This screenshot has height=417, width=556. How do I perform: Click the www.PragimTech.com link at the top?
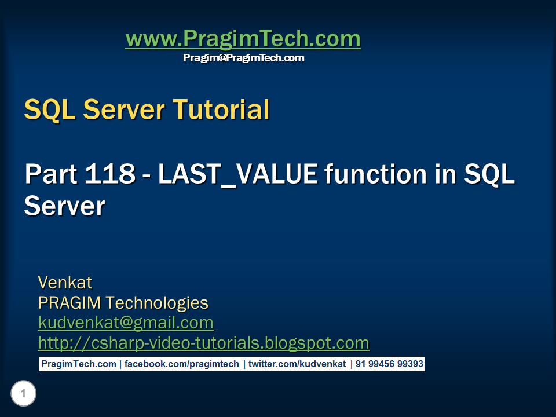point(243,39)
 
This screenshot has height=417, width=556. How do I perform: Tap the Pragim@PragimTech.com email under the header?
point(243,58)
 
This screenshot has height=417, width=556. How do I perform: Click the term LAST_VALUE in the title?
point(238,174)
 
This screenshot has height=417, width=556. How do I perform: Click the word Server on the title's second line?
point(64,206)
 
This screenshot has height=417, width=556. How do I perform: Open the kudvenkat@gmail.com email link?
point(126,323)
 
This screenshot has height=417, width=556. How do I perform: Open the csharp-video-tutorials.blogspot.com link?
point(203,343)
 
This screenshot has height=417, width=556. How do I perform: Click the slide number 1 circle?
point(23,394)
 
